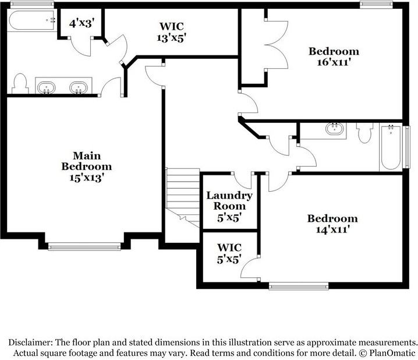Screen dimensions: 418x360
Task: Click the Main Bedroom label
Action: coord(87,161)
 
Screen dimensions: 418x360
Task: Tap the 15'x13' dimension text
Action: coord(87,177)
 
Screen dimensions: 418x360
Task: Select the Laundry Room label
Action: coord(229,200)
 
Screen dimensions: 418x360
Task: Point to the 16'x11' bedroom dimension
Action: coord(334,62)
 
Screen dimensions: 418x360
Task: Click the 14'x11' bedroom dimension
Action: coord(332,230)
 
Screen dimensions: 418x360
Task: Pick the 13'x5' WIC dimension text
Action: coord(171,38)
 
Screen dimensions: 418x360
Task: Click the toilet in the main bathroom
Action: coord(20,83)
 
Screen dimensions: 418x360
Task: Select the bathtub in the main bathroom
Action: coord(32,20)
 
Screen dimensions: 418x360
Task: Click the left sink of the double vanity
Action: coord(47,88)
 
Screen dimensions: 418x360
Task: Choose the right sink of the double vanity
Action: coord(79,88)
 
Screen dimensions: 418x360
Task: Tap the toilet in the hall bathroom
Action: coord(364,133)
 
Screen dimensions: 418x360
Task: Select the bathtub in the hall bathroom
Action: coord(391,147)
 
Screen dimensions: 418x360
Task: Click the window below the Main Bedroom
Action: coord(84,246)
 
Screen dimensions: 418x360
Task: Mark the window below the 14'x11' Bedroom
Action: coord(299,287)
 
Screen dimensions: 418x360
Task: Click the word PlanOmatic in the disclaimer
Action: coord(392,353)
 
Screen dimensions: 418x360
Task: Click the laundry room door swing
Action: coord(242,182)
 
